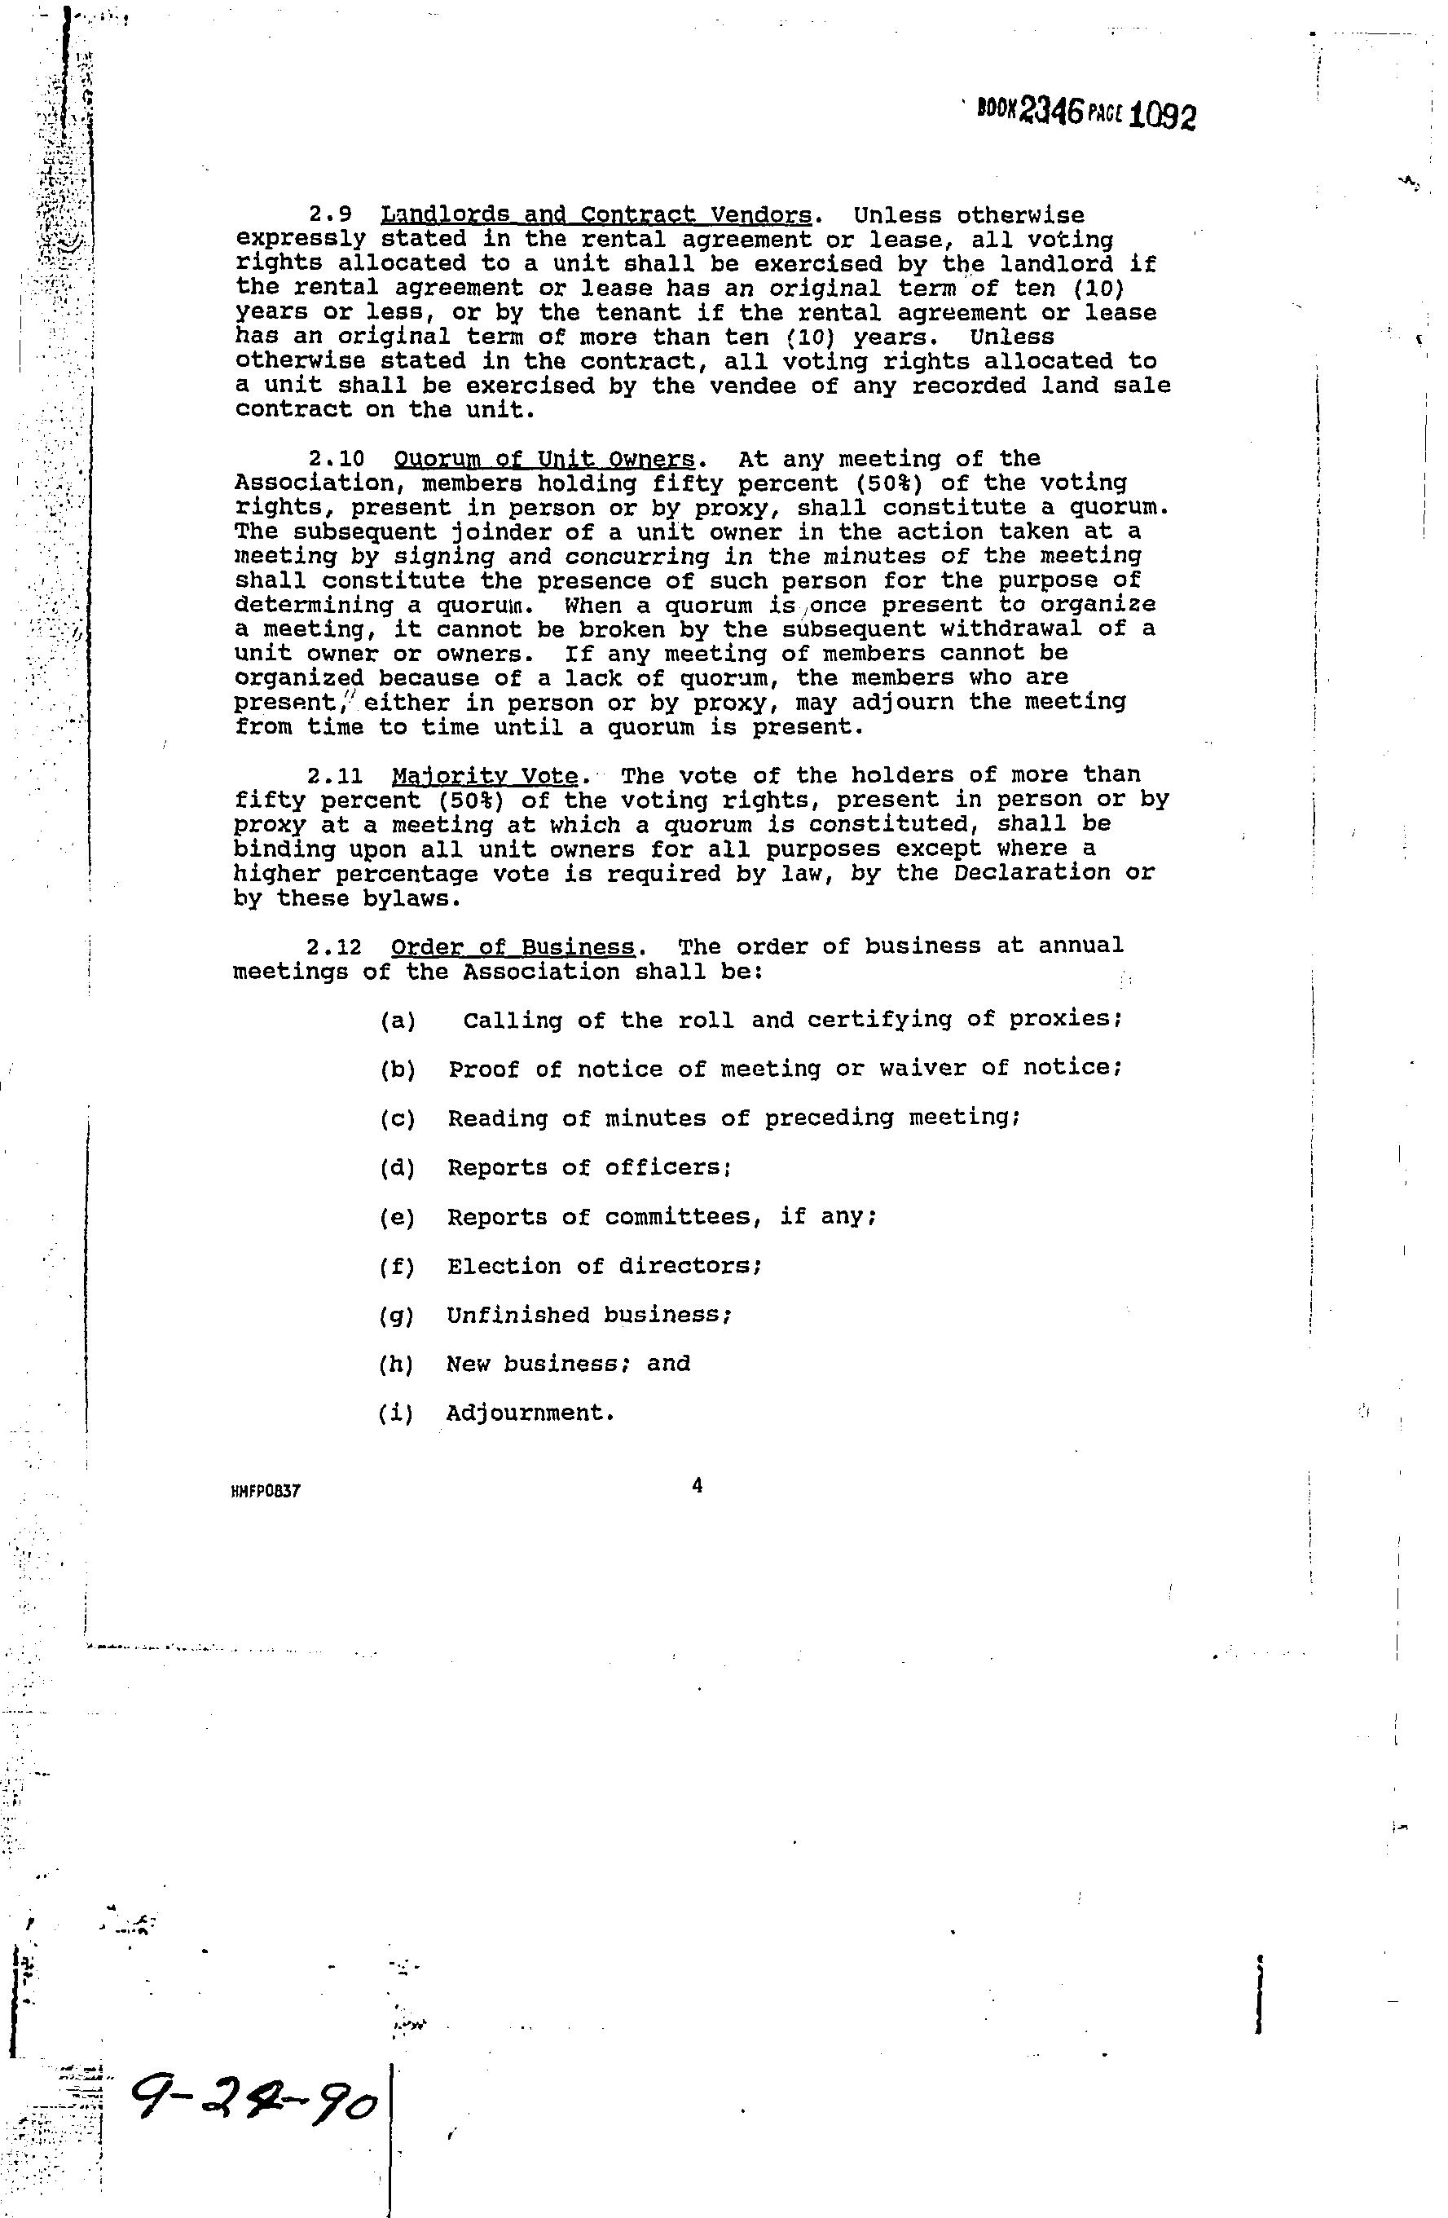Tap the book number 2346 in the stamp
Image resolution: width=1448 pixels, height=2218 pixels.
[x=1052, y=112]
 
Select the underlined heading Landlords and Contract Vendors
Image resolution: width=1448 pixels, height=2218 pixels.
[x=596, y=216]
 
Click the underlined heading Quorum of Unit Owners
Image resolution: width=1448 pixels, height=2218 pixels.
[x=544, y=460]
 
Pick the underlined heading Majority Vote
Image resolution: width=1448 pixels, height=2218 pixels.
[x=485, y=776]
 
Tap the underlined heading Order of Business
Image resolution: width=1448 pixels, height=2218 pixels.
[x=513, y=948]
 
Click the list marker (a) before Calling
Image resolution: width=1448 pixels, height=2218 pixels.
[x=398, y=1021]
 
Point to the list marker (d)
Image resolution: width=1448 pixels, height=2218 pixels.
[x=398, y=1168]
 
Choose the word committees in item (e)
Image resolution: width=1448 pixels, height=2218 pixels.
[x=678, y=1217]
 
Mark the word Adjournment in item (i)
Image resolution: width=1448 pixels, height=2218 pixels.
[x=531, y=1413]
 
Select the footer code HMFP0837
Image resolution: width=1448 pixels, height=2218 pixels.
[x=266, y=1491]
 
